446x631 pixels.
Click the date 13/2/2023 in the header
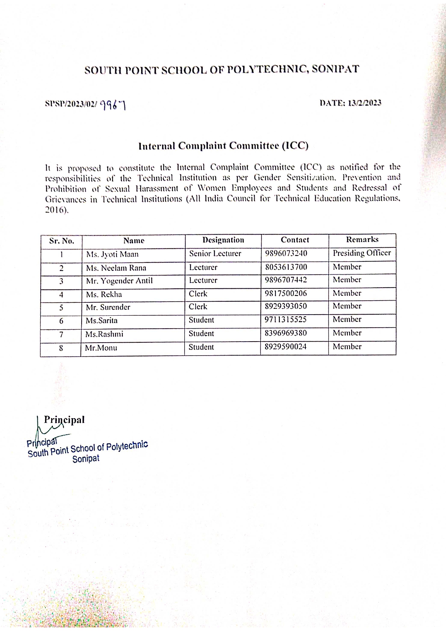pos(364,103)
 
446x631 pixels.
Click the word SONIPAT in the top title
pos(335,69)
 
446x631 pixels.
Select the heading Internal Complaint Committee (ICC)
pos(223,146)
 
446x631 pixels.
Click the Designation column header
pos(223,240)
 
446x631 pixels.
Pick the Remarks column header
pos(362,239)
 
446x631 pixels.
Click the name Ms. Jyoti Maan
pos(112,255)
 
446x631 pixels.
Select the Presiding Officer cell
pos(361,253)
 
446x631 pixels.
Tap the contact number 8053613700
pos(286,267)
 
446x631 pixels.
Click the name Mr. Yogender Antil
pos(119,281)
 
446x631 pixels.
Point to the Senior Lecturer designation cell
pos(215,253)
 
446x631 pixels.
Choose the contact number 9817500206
pos(286,293)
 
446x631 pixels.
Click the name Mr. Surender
pos(108,307)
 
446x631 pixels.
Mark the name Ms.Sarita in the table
pos(101,321)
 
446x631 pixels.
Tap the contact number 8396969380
pos(286,333)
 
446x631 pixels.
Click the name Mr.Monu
pos(101,348)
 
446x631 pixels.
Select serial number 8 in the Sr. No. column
pos(61,348)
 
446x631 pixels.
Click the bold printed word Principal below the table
pos(64,420)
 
